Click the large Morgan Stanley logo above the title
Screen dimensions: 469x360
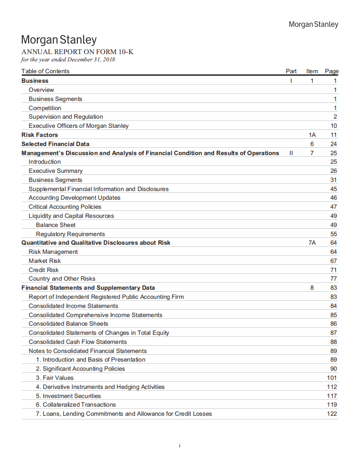click(59, 40)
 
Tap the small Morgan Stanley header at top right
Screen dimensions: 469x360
click(314, 24)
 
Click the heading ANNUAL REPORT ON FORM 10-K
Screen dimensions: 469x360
click(77, 52)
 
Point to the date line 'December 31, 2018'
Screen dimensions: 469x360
click(68, 60)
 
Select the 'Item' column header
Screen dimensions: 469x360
click(312, 71)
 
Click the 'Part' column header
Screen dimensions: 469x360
click(291, 71)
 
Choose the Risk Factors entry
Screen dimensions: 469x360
click(40, 135)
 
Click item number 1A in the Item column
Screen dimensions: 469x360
click(312, 135)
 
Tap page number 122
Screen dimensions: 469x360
click(332, 414)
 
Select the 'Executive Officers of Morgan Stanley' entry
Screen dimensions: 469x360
click(78, 126)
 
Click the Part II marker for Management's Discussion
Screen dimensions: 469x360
click(291, 153)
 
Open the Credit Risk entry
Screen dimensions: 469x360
click(43, 270)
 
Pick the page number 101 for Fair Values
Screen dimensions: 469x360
click(332, 378)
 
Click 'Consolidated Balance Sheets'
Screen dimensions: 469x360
click(68, 324)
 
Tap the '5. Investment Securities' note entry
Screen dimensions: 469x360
click(68, 396)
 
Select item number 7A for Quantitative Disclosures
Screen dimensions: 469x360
click(312, 243)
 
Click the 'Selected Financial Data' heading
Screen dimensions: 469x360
click(55, 144)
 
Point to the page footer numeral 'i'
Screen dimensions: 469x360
click(180, 445)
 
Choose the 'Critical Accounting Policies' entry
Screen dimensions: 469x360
click(65, 207)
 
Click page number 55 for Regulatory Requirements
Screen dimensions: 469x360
click(334, 234)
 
